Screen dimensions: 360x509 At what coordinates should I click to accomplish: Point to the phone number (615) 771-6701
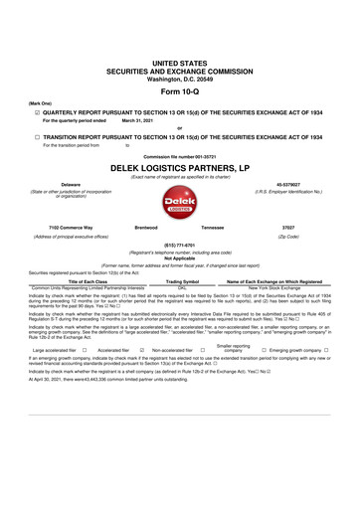click(179, 248)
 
